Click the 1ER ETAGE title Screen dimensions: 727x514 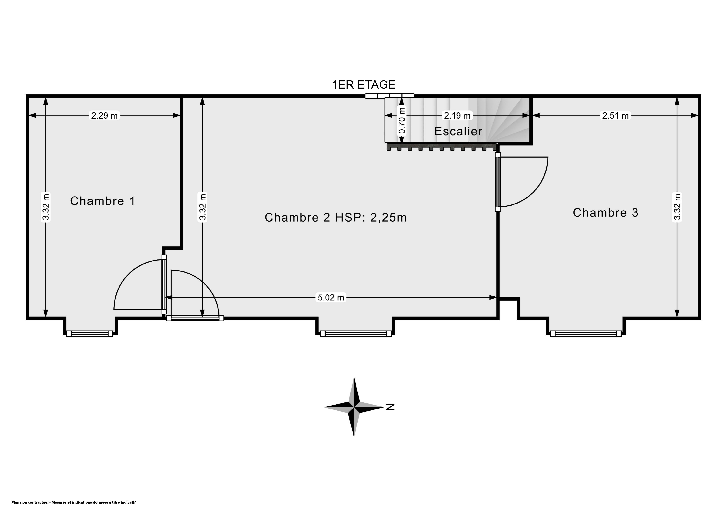pos(363,85)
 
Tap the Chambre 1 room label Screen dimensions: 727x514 pos(103,201)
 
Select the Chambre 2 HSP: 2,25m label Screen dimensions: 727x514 pos(336,218)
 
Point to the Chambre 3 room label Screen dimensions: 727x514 pos(605,212)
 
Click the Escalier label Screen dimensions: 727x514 pos(458,131)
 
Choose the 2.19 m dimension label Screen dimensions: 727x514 pos(457,116)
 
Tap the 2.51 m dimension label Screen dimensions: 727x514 pos(615,116)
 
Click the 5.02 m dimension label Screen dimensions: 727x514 pos(331,297)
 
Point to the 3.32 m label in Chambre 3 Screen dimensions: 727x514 pos(677,207)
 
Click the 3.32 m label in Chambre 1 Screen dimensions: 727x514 pos(46,207)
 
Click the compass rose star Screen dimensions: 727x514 pos(354,407)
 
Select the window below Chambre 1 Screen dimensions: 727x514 pos(90,333)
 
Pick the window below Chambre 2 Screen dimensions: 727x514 pos(356,333)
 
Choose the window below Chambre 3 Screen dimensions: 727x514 pos(586,333)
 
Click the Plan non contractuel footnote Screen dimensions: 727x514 pos(73,502)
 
